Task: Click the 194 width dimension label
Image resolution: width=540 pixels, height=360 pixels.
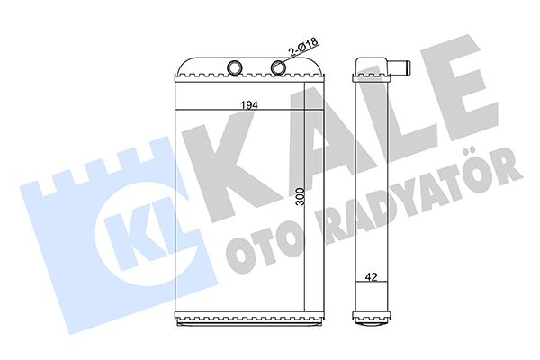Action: (249, 105)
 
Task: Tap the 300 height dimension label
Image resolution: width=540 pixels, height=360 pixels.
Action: (301, 197)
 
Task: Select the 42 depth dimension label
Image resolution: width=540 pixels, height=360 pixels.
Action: (371, 276)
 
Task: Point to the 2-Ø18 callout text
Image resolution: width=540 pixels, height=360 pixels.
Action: (304, 47)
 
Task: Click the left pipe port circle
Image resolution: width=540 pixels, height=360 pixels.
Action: (235, 67)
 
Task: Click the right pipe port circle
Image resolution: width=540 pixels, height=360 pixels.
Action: (278, 67)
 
